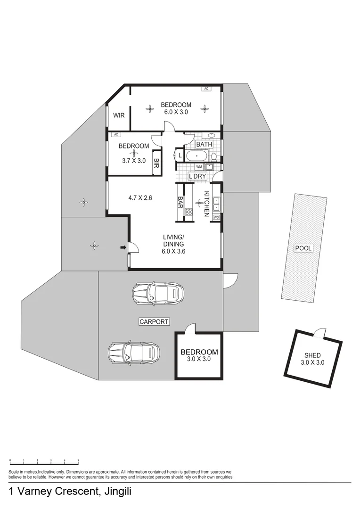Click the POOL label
[303, 248]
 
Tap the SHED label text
[312, 355]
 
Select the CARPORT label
[154, 322]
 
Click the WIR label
[119, 115]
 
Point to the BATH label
[205, 144]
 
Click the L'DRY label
[198, 176]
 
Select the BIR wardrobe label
[156, 163]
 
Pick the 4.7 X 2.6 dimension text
[140, 197]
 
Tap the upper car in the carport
[158, 293]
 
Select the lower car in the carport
[134, 352]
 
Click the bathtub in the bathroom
[196, 156]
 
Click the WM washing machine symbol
[199, 166]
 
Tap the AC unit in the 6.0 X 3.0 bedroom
[206, 88]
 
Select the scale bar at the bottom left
[44, 462]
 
